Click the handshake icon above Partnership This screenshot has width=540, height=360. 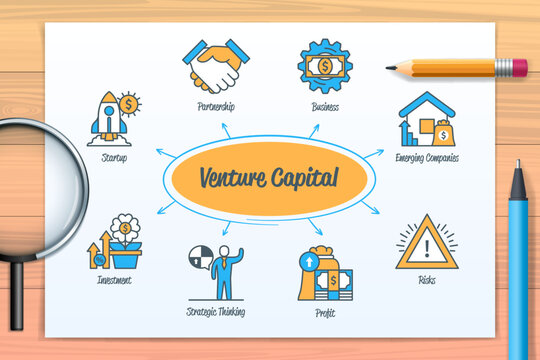pyautogui.click(x=215, y=65)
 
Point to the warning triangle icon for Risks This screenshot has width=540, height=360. pyautogui.click(x=427, y=242)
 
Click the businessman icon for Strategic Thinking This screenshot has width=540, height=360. pyautogui.click(x=217, y=271)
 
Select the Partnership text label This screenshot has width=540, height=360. pyautogui.click(x=216, y=107)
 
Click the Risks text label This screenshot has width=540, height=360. pyautogui.click(x=427, y=281)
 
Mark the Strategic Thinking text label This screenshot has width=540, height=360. pyautogui.click(x=216, y=312)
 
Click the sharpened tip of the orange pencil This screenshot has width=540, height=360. pyautogui.click(x=389, y=67)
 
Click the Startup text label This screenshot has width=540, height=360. pyautogui.click(x=114, y=158)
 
